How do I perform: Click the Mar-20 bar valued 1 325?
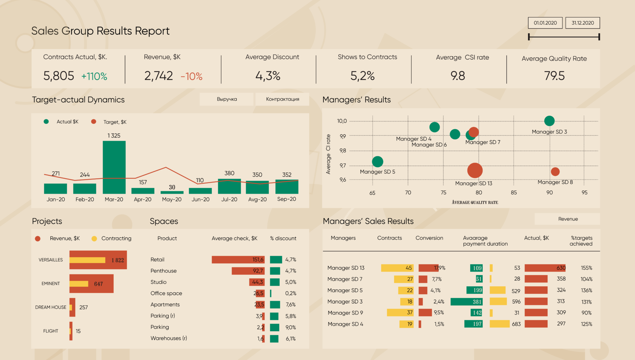click(114, 167)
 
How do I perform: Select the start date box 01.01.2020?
click(545, 23)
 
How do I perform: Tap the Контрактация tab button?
click(282, 99)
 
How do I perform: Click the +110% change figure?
click(94, 76)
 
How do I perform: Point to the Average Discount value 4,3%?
click(268, 76)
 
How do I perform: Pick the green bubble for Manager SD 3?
click(549, 121)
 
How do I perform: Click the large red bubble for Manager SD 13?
click(475, 170)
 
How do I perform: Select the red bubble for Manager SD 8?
click(555, 172)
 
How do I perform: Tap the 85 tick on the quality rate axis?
click(514, 192)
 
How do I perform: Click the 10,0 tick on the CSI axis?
click(342, 121)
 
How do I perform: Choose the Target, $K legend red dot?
click(94, 122)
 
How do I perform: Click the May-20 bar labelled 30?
click(172, 192)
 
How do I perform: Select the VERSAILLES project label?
click(51, 260)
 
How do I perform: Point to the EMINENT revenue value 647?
click(98, 284)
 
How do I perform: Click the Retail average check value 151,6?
click(258, 260)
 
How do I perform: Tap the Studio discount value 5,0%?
click(291, 282)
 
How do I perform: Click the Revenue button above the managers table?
click(568, 219)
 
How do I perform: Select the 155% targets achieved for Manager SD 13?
click(586, 268)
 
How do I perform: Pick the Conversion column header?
click(429, 238)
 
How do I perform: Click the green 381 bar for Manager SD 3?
click(467, 302)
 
